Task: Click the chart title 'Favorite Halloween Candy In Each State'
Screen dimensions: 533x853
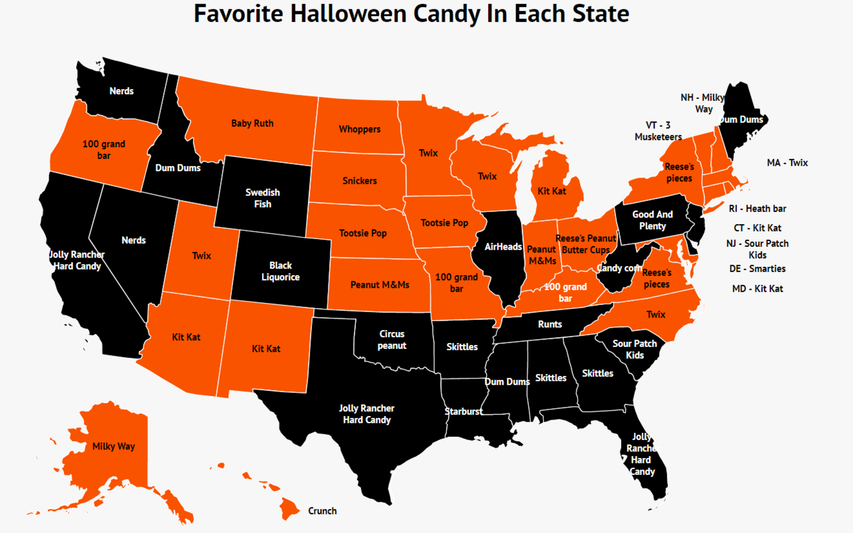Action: pyautogui.click(x=411, y=14)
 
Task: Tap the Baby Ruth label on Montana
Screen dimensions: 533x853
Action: pyautogui.click(x=252, y=123)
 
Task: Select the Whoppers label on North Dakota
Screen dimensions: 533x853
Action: pyautogui.click(x=359, y=129)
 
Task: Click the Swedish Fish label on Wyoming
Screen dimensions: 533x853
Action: pyautogui.click(x=262, y=198)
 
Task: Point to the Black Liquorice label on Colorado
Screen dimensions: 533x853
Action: pyautogui.click(x=280, y=271)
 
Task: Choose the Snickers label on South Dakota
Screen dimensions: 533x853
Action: pyautogui.click(x=359, y=181)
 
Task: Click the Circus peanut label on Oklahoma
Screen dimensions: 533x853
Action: pyautogui.click(x=391, y=340)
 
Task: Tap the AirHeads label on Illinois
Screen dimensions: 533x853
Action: pyautogui.click(x=503, y=247)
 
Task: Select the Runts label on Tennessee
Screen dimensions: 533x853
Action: pyautogui.click(x=549, y=324)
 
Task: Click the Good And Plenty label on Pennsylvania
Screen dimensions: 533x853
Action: pyautogui.click(x=652, y=220)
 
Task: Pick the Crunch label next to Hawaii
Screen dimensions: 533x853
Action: pyautogui.click(x=322, y=511)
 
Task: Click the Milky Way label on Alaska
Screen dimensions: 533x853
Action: pyautogui.click(x=113, y=446)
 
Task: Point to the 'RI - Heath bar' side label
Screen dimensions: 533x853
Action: pyautogui.click(x=757, y=209)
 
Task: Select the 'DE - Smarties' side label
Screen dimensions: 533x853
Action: pyautogui.click(x=757, y=268)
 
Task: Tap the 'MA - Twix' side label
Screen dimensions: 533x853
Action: pyautogui.click(x=787, y=163)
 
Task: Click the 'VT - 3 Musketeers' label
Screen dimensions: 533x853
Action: pyautogui.click(x=658, y=131)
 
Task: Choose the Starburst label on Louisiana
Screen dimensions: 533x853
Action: pyautogui.click(x=463, y=412)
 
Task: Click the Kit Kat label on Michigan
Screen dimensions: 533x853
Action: pyautogui.click(x=551, y=191)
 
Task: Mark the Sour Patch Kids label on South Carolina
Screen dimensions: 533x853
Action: pyautogui.click(x=634, y=349)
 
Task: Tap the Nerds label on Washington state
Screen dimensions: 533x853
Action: pyautogui.click(x=121, y=91)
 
